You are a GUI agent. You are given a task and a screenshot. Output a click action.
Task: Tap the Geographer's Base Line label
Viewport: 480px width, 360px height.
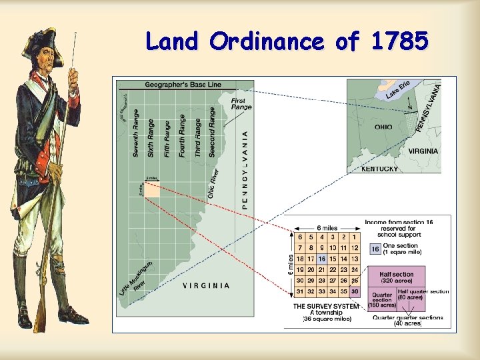click(x=183, y=85)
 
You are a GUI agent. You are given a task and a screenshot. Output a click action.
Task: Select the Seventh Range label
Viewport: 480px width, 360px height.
click(x=136, y=133)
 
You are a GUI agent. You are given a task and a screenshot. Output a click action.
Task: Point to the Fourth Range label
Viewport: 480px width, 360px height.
click(x=183, y=135)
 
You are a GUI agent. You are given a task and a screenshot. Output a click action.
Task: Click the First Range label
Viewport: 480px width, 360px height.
click(x=241, y=103)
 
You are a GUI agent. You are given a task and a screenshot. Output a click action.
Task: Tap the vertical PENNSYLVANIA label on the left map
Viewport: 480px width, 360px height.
click(x=245, y=169)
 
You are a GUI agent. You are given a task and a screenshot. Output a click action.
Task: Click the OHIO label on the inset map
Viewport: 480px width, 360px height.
click(x=383, y=127)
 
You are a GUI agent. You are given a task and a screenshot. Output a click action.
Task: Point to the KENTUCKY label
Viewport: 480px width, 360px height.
click(x=379, y=169)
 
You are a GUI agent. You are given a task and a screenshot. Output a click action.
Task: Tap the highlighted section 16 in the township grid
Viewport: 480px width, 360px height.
click(x=322, y=259)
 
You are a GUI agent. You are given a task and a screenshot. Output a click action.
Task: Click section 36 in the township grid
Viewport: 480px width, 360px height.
click(x=354, y=291)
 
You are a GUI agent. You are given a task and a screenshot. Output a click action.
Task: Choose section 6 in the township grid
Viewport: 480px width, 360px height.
click(x=301, y=237)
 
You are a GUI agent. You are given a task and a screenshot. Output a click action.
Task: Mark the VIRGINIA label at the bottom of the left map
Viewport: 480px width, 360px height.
click(x=207, y=285)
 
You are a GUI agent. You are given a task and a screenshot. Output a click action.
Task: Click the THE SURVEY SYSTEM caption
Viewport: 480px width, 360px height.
click(x=326, y=306)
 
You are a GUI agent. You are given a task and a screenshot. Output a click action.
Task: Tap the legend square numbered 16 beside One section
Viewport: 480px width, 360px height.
click(x=375, y=249)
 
